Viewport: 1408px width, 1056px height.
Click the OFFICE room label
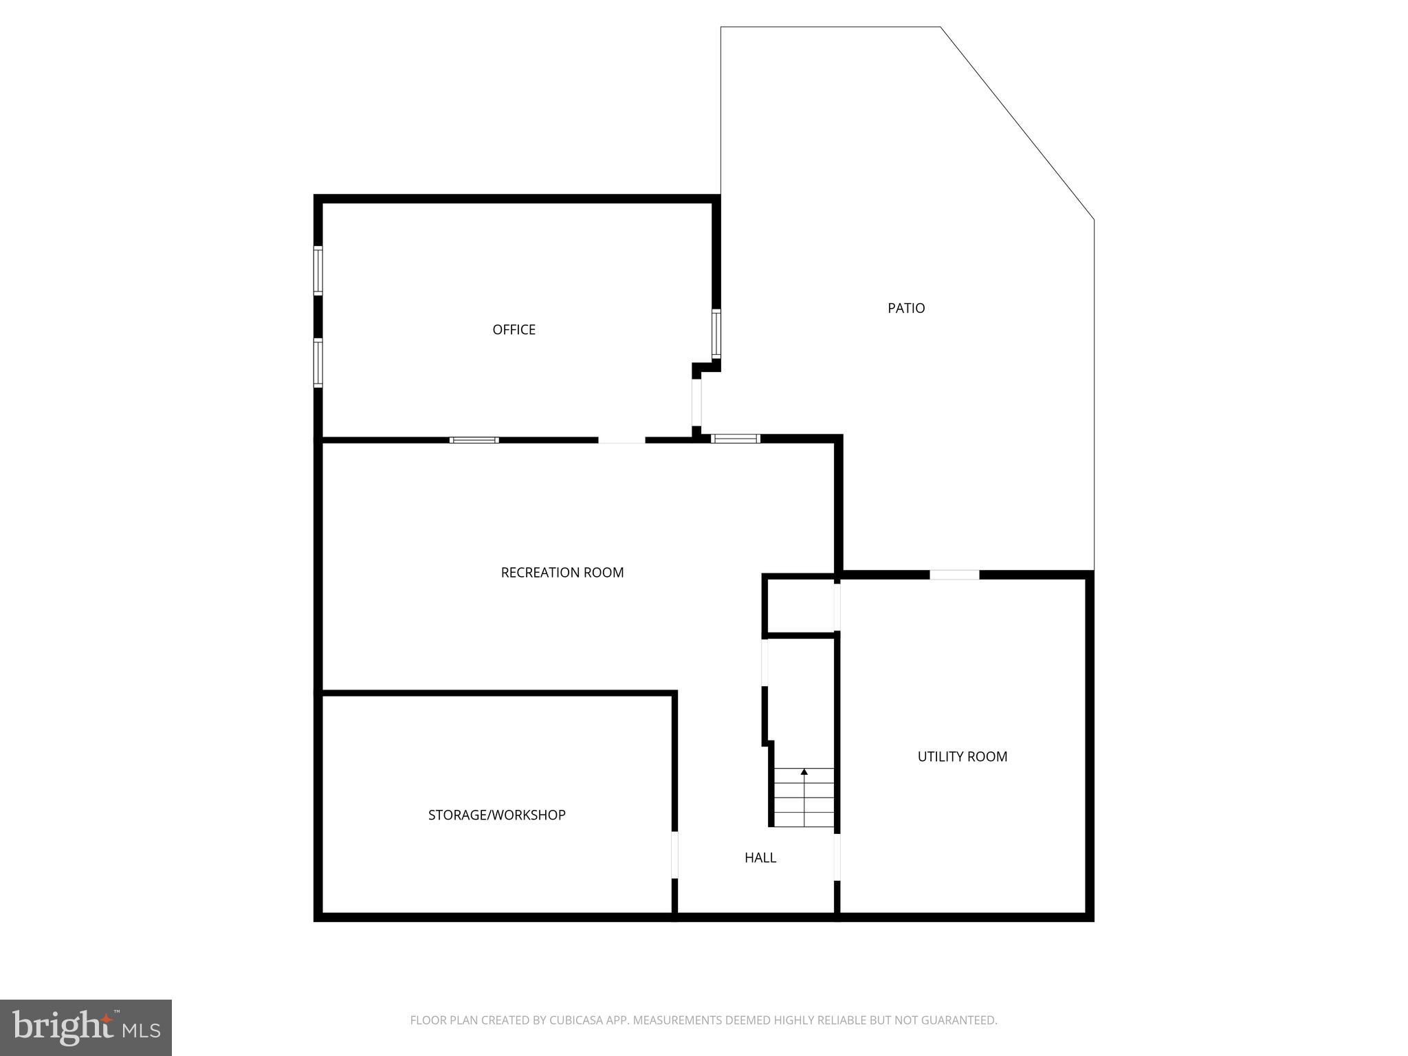point(514,330)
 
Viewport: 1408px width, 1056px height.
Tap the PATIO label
point(906,309)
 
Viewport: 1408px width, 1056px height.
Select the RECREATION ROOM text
point(562,573)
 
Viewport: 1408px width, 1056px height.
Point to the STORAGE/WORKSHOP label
point(496,815)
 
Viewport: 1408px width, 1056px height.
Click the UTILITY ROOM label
point(962,757)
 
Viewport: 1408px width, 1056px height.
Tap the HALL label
point(760,858)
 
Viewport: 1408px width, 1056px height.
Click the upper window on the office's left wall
point(318,270)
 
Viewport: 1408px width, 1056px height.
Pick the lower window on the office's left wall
point(318,362)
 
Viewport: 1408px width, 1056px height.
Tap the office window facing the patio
point(716,334)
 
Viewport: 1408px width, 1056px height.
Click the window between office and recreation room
point(474,440)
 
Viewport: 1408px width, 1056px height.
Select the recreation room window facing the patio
point(735,439)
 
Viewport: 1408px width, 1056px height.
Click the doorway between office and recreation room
point(621,440)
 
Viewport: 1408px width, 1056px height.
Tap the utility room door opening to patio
point(954,575)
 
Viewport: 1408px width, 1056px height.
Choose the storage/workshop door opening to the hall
point(674,855)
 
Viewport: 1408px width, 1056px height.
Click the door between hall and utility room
point(837,857)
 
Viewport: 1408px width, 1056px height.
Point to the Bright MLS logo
point(86,1028)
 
